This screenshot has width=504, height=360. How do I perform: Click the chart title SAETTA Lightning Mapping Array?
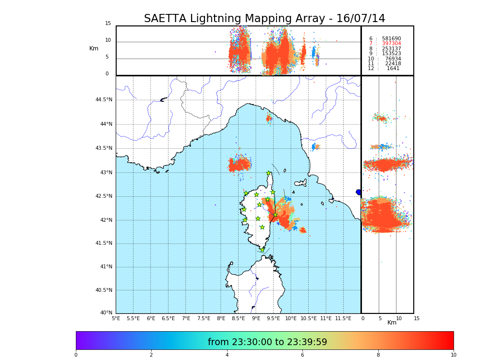264,19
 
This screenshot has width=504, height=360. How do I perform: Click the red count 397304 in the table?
391,44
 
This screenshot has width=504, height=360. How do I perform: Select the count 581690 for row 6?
391,39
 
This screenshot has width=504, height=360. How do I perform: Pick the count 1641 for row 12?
393,69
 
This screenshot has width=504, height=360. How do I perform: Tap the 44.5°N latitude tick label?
104,100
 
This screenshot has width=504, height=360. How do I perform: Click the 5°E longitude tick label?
116,319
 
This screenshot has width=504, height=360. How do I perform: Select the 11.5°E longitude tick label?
343,319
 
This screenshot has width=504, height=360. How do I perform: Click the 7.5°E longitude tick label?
204,319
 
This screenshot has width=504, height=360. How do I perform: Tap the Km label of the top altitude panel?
94,48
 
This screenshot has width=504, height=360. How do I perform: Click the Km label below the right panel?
392,323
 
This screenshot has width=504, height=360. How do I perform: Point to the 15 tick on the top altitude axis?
108,24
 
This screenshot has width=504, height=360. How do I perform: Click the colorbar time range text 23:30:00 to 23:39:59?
267,342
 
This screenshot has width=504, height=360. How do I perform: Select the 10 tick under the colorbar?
453,355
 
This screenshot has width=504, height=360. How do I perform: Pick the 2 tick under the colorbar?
151,355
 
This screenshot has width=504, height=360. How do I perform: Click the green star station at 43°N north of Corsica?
268,173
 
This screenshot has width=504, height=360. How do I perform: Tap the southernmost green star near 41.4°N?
262,250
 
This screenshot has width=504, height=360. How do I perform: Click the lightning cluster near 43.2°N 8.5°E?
239,165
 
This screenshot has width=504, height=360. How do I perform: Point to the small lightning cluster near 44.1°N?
269,118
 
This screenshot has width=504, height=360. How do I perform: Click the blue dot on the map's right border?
359,192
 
